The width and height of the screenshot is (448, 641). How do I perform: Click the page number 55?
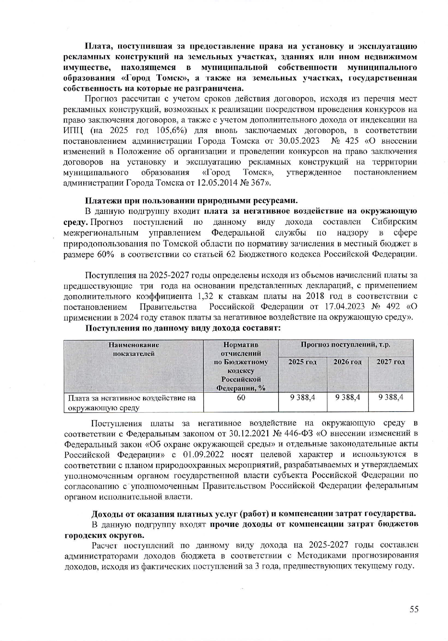click(x=414, y=609)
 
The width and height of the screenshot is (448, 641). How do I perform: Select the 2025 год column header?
click(x=302, y=362)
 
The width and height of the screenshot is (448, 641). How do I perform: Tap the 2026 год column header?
click(x=347, y=362)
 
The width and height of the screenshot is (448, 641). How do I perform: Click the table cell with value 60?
click(x=241, y=397)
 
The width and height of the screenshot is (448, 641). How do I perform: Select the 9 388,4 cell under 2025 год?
click(x=302, y=397)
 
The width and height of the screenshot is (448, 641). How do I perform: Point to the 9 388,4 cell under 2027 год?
click(x=390, y=397)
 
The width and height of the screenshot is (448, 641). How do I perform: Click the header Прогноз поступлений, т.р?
click(x=345, y=345)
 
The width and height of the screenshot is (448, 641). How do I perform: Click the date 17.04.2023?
click(x=348, y=306)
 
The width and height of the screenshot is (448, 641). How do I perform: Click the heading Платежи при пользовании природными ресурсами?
click(x=192, y=201)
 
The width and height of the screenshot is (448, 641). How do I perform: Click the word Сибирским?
click(x=394, y=222)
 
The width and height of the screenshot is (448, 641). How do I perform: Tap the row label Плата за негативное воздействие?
click(x=132, y=398)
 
